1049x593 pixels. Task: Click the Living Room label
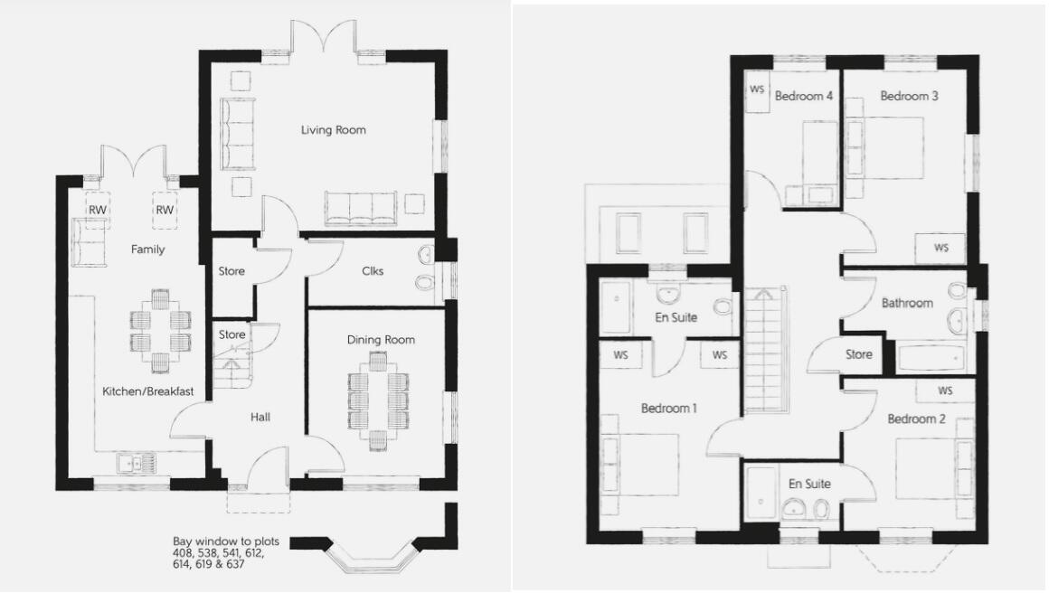[334, 130]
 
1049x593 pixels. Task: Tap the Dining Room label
[381, 340]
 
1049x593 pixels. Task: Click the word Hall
[261, 417]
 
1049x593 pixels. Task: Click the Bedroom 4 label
[804, 97]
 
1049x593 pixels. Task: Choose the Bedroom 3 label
[909, 97]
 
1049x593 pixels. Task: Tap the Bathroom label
[907, 303]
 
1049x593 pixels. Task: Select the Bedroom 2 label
[916, 419]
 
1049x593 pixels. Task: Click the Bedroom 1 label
[668, 409]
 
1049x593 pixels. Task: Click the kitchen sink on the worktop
[133, 464]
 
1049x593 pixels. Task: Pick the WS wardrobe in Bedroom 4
[758, 91]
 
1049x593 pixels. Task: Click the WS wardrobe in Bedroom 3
[940, 248]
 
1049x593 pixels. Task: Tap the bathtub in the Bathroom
[931, 358]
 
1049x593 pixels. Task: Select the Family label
[147, 249]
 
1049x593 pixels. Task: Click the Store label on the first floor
[858, 354]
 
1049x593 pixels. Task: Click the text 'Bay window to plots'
[226, 541]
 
